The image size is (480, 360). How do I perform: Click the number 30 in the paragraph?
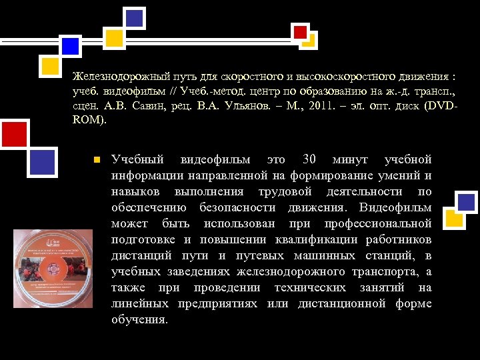pos(309,159)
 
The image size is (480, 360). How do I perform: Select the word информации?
pos(143,175)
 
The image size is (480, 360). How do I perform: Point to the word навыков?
pos(136,191)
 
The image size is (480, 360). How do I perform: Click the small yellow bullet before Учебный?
pos(96,160)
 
